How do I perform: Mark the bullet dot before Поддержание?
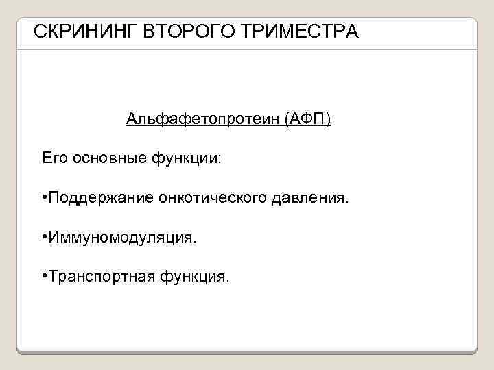pyautogui.click(x=44, y=198)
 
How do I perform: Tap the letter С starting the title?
pyautogui.click(x=39, y=32)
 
